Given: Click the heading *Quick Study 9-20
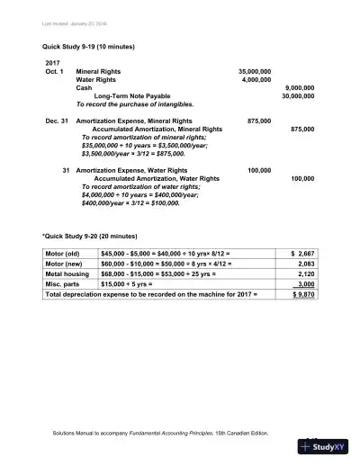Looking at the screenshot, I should tap(90, 236).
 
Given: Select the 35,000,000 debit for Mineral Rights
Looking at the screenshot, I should tap(255, 70).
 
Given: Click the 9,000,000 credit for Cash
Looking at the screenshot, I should tap(299, 87).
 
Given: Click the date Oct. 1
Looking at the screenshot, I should tap(55, 70).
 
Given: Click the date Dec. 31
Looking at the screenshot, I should tap(55, 120).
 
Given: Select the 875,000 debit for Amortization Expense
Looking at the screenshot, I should tap(260, 120).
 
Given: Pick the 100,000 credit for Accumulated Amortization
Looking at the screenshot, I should tap(302, 178).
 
